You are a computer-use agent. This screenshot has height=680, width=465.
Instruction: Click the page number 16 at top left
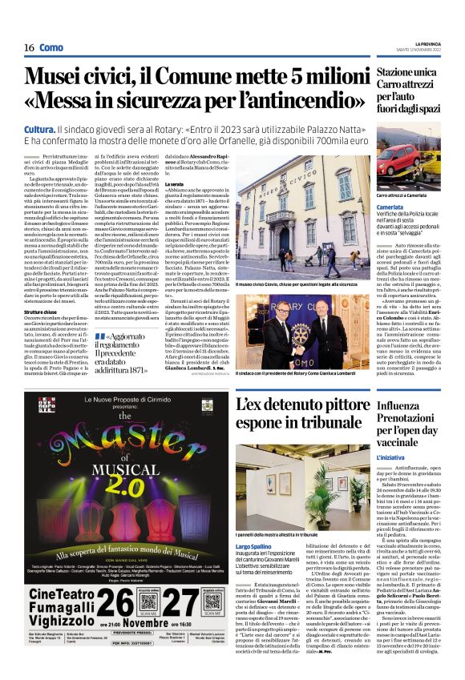pos(29,48)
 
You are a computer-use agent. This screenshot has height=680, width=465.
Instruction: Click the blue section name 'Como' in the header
pos(51,48)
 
